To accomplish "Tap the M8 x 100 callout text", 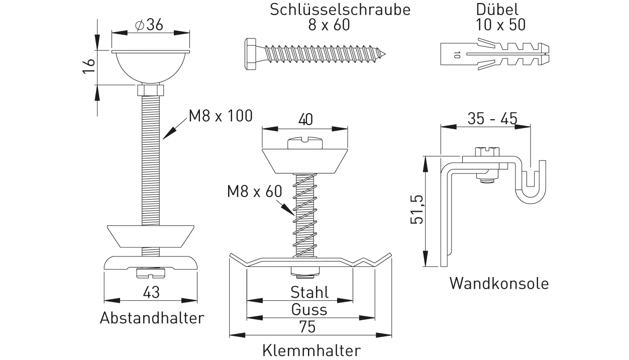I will pyautogui.click(x=221, y=116).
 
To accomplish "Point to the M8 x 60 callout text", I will pyautogui.click(x=254, y=191).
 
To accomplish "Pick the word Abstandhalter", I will pyautogui.click(x=152, y=318).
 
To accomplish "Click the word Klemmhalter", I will pyautogui.click(x=311, y=350).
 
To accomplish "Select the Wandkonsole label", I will pyautogui.click(x=498, y=283).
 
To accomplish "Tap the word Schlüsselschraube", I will pyautogui.click(x=340, y=9).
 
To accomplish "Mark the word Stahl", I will pyautogui.click(x=309, y=292).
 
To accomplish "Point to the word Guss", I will pyautogui.click(x=309, y=309).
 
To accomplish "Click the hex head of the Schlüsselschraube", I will pyautogui.click(x=251, y=54).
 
